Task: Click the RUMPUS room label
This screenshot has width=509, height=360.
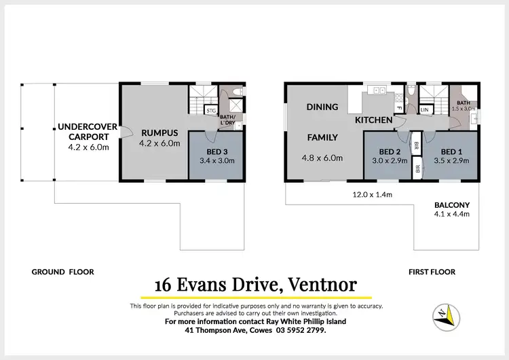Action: (x=159, y=132)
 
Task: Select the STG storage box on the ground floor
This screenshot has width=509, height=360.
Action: (x=211, y=109)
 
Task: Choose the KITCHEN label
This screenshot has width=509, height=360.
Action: (x=373, y=120)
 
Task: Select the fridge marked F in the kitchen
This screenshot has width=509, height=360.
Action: (x=400, y=108)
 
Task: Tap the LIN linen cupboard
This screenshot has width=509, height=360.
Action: (x=426, y=109)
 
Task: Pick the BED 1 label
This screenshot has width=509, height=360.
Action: (x=452, y=151)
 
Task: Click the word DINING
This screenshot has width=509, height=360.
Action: (x=322, y=107)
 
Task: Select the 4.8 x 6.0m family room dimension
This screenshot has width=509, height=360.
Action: (x=323, y=158)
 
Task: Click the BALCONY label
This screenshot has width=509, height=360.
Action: (x=451, y=205)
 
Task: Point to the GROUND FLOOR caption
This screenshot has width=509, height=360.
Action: (x=62, y=272)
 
